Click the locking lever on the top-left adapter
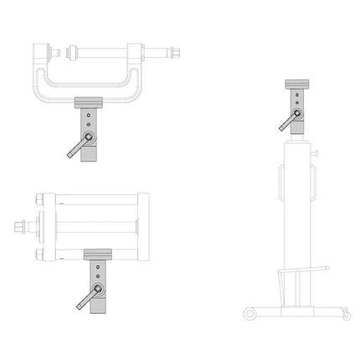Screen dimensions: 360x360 point(77,148)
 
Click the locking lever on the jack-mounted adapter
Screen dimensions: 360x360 point(286,122)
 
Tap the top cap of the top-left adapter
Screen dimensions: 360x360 point(88,103)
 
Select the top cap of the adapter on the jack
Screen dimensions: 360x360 point(296,84)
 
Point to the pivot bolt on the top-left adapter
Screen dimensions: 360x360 point(90,137)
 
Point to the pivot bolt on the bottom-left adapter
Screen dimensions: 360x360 point(98,289)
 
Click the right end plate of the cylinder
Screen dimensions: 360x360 point(143,226)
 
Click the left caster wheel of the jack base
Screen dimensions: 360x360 point(249,312)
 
